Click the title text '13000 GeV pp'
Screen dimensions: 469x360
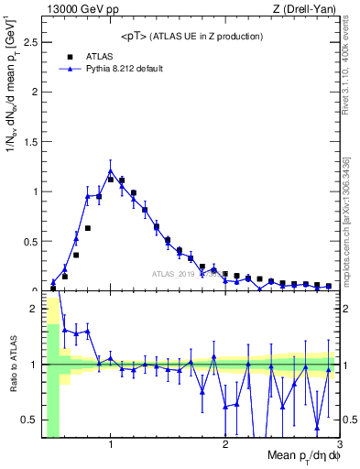tap(75, 9)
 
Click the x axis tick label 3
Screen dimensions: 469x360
tap(339, 446)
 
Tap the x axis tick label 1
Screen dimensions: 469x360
tap(111, 446)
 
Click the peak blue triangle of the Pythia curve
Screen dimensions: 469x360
tap(111, 171)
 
